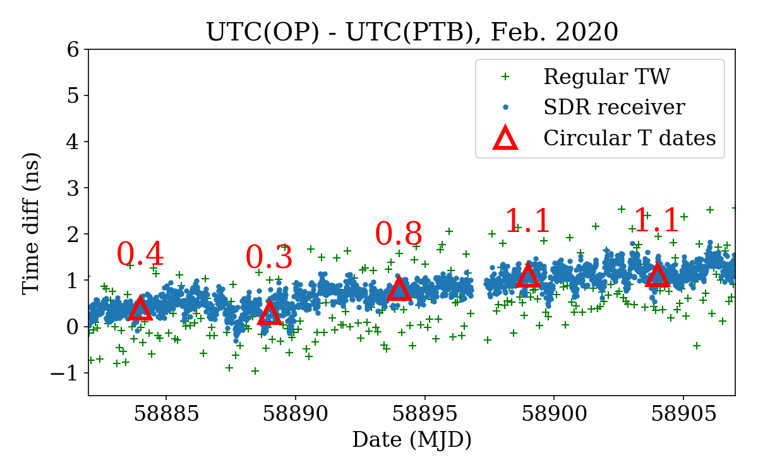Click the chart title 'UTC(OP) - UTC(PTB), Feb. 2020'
coord(412,32)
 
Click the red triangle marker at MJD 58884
coord(140,309)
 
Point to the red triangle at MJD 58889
coord(270,313)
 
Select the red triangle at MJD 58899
coord(528,276)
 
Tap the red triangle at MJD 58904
coord(658,276)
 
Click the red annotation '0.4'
coord(140,255)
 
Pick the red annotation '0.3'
coord(269,258)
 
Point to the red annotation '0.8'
coord(399,234)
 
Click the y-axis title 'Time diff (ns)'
coord(31,223)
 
